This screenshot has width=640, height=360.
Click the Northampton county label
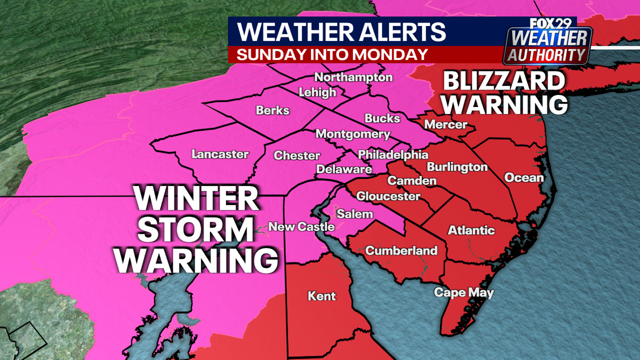(353, 77)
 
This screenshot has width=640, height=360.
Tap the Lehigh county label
(318, 92)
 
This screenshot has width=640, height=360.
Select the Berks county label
(273, 110)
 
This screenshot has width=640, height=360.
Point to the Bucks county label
(382, 118)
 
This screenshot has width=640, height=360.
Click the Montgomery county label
(353, 134)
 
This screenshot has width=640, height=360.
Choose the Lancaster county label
(220, 154)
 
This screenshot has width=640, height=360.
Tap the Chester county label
(297, 155)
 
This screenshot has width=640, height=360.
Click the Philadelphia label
(393, 154)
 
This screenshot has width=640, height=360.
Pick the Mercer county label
(446, 125)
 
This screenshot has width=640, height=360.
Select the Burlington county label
(457, 167)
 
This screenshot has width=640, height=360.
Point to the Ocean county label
(524, 178)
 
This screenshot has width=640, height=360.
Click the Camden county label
(412, 181)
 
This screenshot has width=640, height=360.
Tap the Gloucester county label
(388, 196)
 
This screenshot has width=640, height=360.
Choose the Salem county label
(354, 214)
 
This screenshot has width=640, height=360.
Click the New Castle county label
(302, 227)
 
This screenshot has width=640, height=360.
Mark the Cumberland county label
(401, 250)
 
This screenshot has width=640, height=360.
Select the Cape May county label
(464, 292)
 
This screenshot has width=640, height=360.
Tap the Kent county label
(322, 296)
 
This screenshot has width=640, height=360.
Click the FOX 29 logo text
(550, 24)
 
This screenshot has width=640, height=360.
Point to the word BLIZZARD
(504, 81)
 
